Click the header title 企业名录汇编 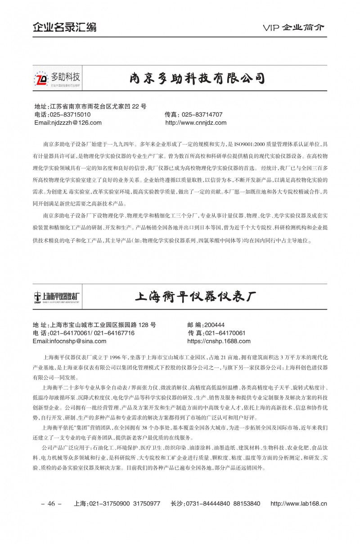[x=64, y=27]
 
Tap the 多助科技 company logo [x=58, y=78]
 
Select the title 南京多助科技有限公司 [x=197, y=78]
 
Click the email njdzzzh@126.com [x=68, y=122]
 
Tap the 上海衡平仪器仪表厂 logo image [x=57, y=296]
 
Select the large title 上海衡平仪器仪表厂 [x=195, y=297]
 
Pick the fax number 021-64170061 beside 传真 [x=225, y=333]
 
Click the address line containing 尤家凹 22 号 [x=90, y=107]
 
